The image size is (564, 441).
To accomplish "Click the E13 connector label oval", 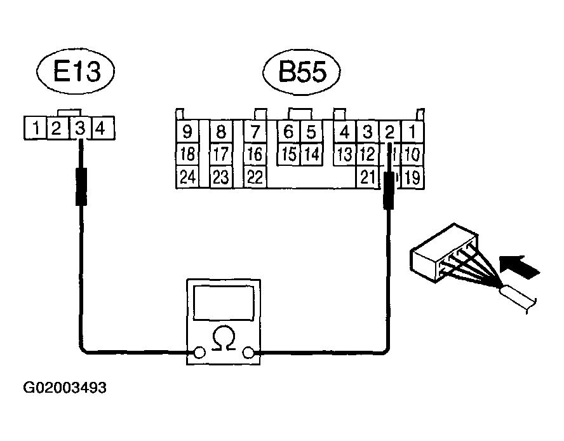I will pos(77,72).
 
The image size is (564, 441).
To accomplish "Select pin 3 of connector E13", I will pos(79,129).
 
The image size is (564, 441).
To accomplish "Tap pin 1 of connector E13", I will pos(37,129).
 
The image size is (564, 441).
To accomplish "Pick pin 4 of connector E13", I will pos(100,129).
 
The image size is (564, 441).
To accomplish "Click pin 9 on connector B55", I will pos(187,133).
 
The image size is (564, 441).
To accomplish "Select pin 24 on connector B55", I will pos(187,177).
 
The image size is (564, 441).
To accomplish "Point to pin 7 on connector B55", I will pos(255,133).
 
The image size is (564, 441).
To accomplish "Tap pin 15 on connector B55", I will pos(288,154).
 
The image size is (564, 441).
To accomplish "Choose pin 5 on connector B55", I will pos(311,133).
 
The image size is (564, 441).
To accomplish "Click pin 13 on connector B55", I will pos(344,154).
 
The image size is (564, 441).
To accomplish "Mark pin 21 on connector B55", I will pos(367,177).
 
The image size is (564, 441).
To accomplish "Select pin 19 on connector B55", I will pos(412,177).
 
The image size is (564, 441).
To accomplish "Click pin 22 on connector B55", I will pos(255,177).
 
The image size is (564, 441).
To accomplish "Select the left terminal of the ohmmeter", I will pos(199,353).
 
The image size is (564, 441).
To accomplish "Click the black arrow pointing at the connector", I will pos(520,265).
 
